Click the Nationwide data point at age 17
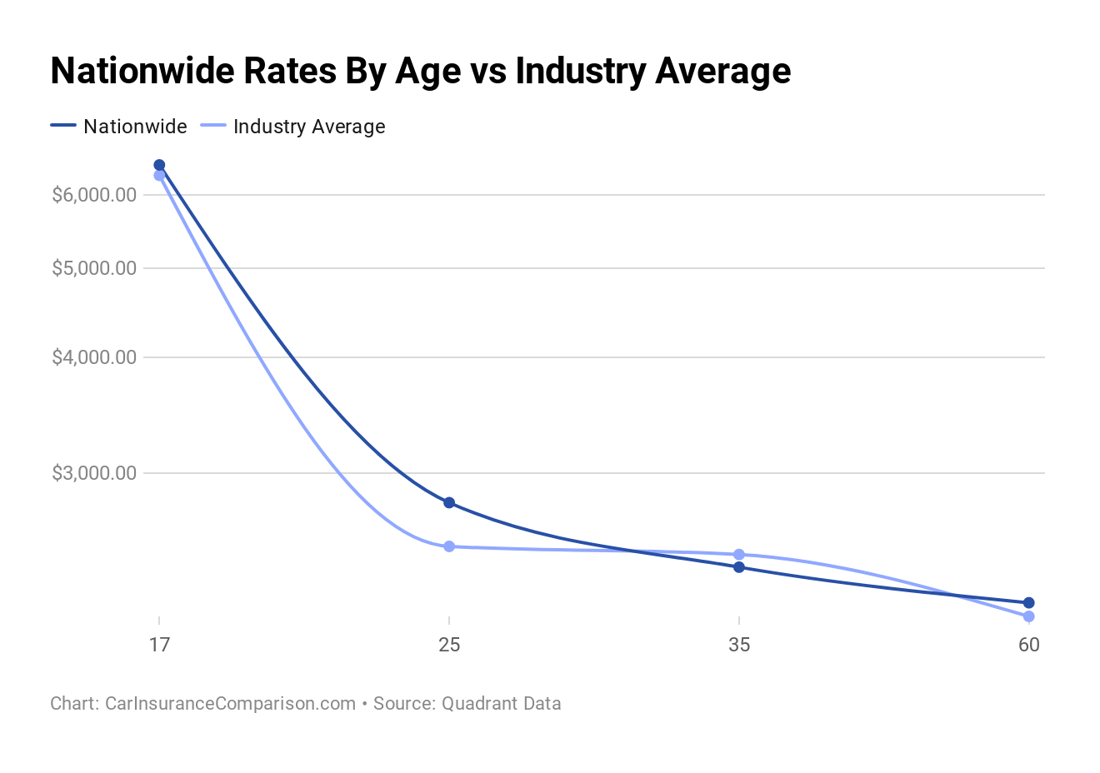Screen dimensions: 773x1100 [159, 165]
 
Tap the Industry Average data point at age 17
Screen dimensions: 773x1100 [159, 176]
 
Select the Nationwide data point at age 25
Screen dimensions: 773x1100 [449, 502]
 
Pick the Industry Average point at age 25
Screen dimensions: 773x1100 [449, 546]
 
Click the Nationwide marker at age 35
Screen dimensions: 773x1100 [739, 567]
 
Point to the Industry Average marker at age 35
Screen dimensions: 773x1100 [739, 555]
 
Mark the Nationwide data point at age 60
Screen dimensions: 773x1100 [1028, 602]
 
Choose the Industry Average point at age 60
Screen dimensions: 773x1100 [1028, 616]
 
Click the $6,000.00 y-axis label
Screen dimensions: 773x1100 [94, 195]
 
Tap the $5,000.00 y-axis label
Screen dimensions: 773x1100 [94, 268]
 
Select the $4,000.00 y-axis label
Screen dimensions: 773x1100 [94, 357]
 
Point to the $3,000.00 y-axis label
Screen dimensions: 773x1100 [94, 473]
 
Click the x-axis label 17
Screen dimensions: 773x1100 [159, 645]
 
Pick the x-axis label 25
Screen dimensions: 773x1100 [449, 645]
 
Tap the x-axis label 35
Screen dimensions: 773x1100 [739, 645]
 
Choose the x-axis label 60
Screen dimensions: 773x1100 [1028, 645]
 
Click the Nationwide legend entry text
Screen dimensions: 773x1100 [135, 127]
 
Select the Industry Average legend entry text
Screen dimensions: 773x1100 [309, 127]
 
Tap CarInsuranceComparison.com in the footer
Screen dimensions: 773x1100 [230, 703]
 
